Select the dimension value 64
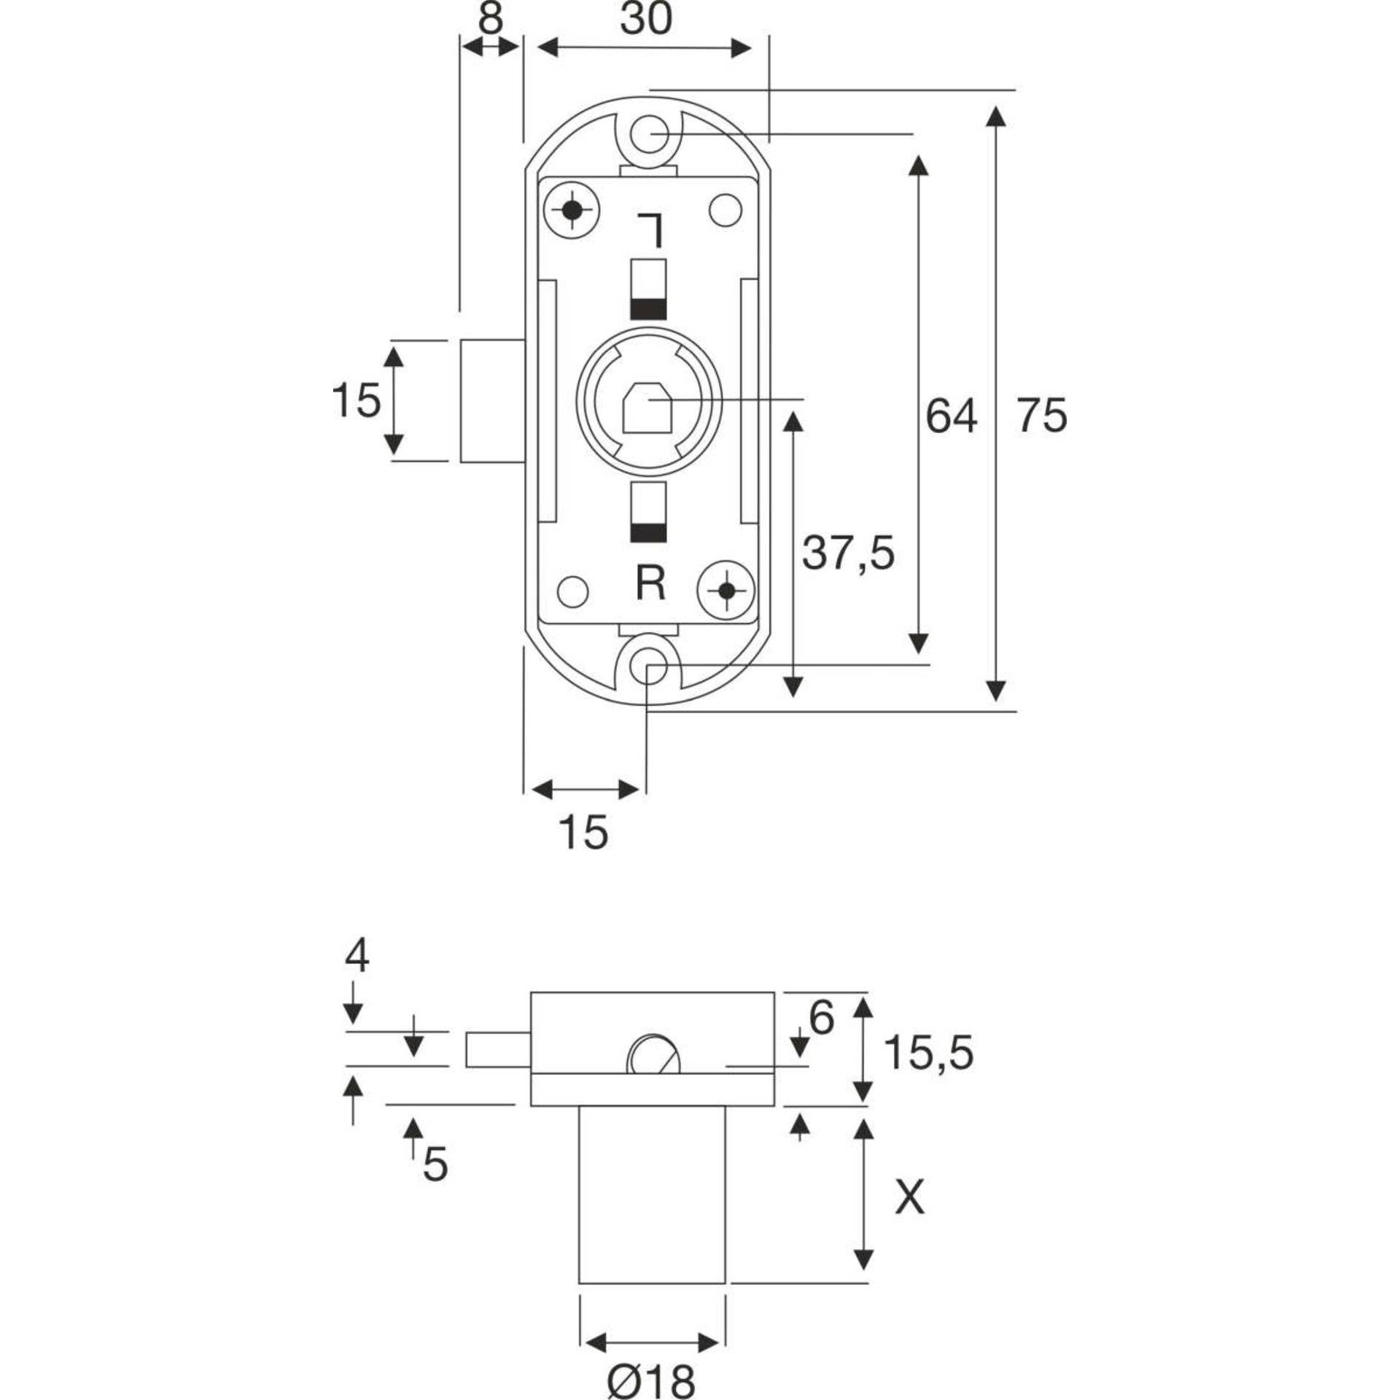(950, 416)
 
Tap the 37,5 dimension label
(848, 552)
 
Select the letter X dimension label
(909, 1198)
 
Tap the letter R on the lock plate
(650, 583)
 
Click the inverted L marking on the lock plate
(650, 230)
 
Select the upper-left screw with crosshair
(572, 211)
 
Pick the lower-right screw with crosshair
(726, 590)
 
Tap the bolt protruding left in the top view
(491, 400)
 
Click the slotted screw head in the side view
(653, 1054)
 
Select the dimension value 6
(821, 1018)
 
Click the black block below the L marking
(648, 310)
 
